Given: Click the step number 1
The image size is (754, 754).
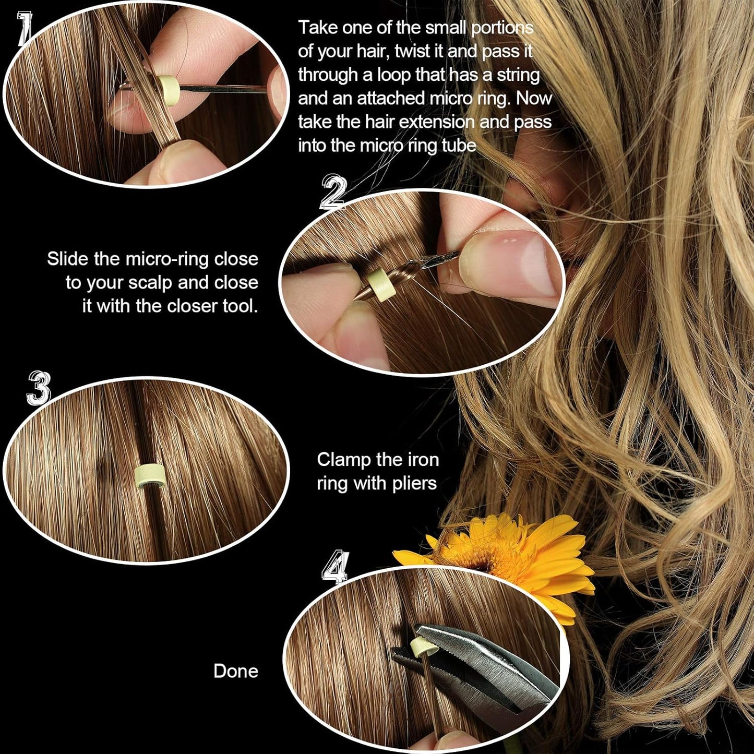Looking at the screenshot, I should (x=24, y=29).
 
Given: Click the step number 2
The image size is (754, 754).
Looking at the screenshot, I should (x=333, y=193).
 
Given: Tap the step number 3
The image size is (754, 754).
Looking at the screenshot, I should (x=39, y=389).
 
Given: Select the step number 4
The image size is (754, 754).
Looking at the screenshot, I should (x=334, y=567).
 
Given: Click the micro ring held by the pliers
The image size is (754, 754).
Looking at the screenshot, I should (x=421, y=648).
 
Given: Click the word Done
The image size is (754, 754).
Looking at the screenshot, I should (x=235, y=671).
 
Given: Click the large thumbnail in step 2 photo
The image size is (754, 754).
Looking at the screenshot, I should (x=517, y=266).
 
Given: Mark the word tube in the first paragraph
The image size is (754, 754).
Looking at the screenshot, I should (x=459, y=145).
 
